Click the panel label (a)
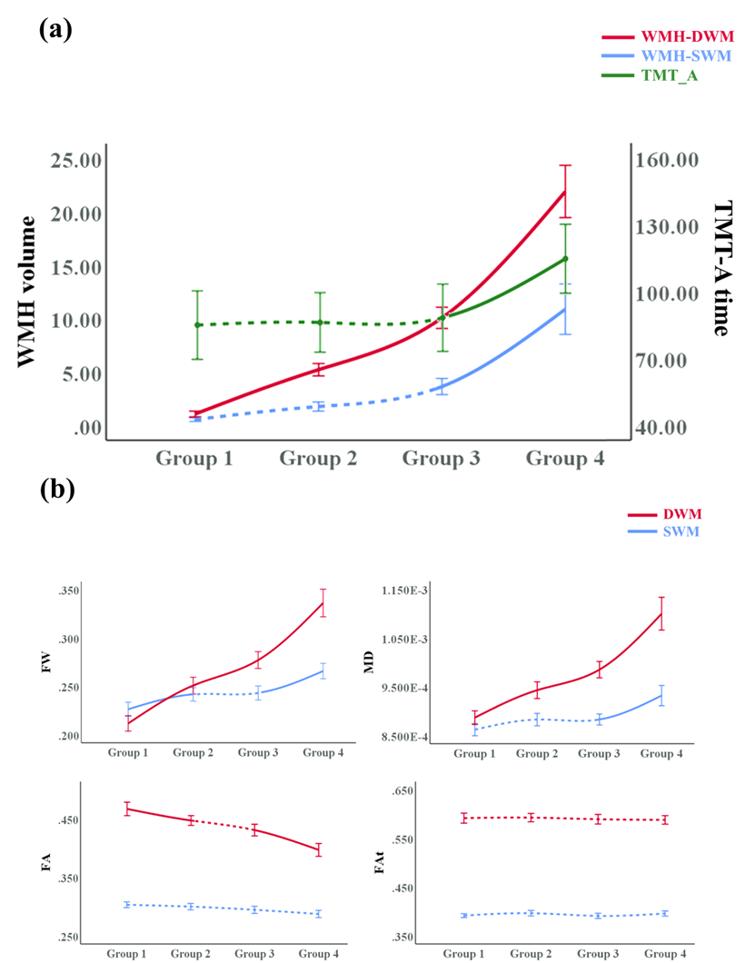pyautogui.click(x=55, y=29)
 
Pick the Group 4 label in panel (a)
pyautogui.click(x=565, y=458)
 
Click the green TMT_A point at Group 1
pyautogui.click(x=197, y=325)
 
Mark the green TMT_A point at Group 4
pyautogui.click(x=565, y=259)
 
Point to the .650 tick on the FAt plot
pyautogui.click(x=401, y=791)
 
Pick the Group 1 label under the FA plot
pyautogui.click(x=127, y=954)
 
